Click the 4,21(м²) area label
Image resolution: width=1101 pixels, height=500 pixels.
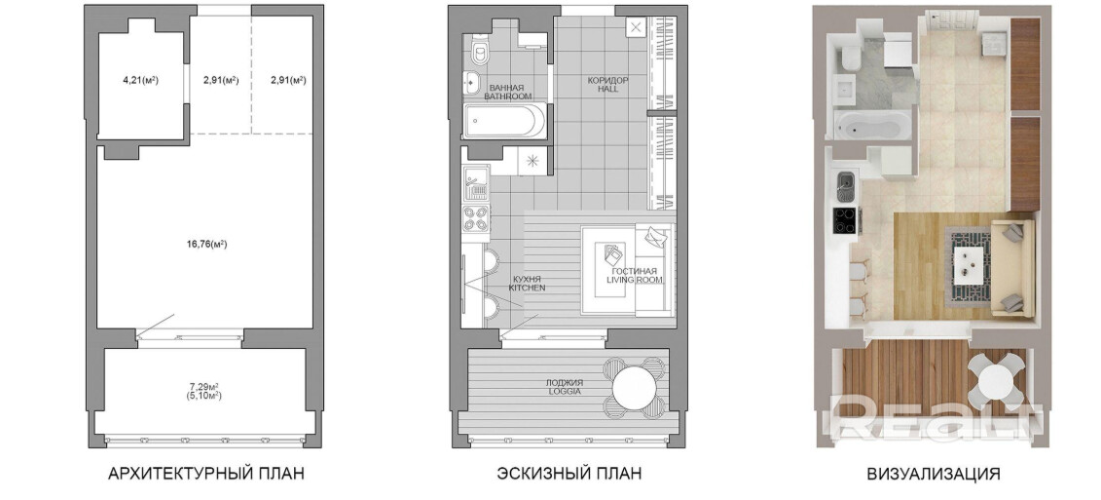tap(140, 80)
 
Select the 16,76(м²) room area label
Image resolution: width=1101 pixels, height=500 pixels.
tap(204, 245)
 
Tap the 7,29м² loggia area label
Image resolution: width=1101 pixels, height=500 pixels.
tap(204, 386)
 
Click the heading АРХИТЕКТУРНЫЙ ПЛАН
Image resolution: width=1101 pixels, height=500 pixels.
tap(206, 474)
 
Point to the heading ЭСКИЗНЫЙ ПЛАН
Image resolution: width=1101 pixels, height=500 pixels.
tap(569, 474)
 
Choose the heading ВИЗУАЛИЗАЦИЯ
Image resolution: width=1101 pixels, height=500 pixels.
tap(934, 474)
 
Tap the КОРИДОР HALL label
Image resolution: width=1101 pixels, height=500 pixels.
tap(608, 85)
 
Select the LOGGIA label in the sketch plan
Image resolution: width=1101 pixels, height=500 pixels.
tap(565, 392)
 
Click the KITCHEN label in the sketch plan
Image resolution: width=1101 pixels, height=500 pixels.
tap(528, 288)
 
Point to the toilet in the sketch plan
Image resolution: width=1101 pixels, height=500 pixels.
tap(481, 50)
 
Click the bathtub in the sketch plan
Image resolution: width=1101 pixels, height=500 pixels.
tap(504, 122)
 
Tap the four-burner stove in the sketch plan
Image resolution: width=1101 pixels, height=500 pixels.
tap(476, 218)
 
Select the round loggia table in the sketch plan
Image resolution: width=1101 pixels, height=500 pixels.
tap(635, 386)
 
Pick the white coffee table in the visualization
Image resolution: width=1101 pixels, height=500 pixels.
tap(972, 264)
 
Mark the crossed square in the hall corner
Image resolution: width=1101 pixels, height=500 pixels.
tap(636, 28)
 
